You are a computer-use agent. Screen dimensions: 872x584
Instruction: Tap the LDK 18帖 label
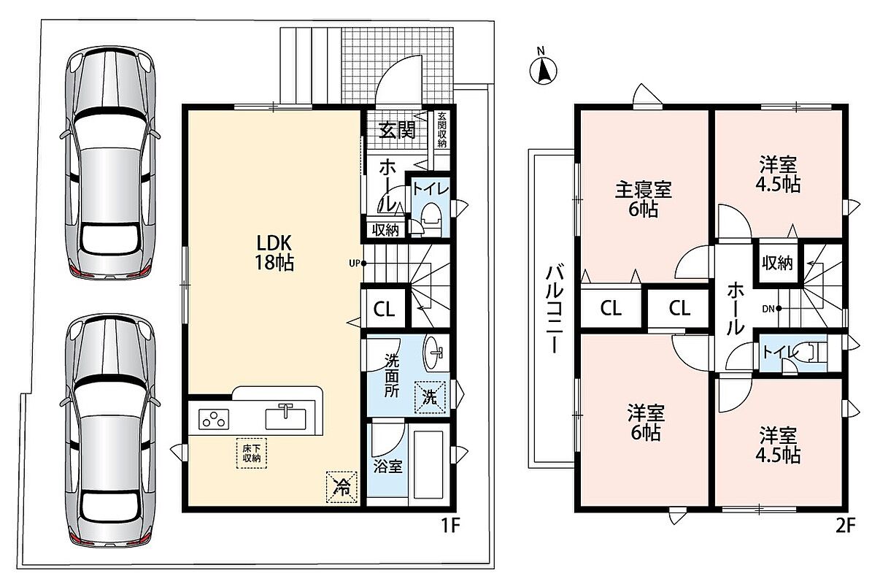(274, 253)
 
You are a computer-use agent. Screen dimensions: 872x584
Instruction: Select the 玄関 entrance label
(397, 130)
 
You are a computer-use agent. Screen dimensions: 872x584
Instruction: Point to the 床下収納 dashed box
(251, 452)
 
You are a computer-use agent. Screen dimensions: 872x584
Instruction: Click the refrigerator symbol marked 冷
(341, 487)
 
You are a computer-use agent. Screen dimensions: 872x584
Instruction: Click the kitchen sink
(286, 416)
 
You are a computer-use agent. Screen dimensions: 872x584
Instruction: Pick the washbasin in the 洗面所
(435, 353)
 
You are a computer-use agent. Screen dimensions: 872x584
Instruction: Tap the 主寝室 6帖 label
(643, 199)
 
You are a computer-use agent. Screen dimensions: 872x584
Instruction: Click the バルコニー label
(555, 309)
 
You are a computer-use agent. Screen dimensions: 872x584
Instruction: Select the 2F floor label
(844, 526)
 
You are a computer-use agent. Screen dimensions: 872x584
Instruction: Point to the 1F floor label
(450, 526)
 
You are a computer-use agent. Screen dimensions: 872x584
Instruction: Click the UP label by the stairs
(354, 263)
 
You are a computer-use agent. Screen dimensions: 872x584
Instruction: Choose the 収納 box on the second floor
(776, 262)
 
